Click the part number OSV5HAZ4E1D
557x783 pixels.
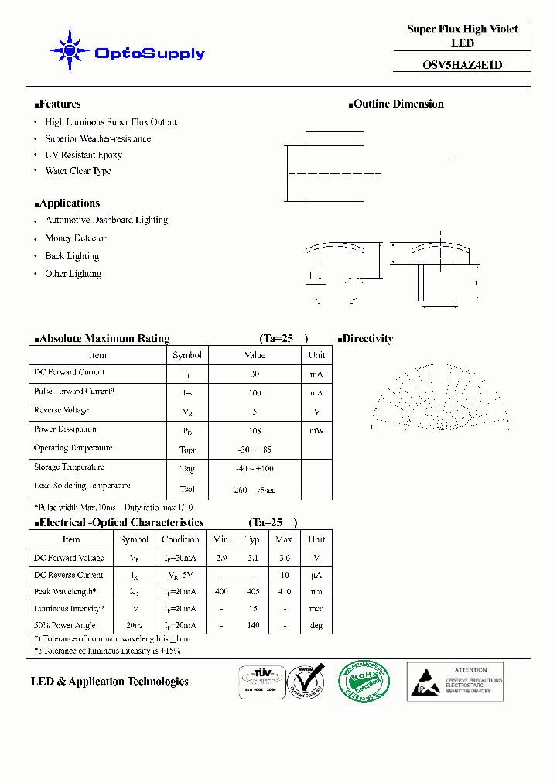pyautogui.click(x=462, y=65)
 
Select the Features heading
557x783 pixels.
pyautogui.click(x=58, y=104)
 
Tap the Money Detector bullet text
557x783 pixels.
pyautogui.click(x=76, y=238)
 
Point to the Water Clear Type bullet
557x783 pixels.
pyautogui.click(x=77, y=171)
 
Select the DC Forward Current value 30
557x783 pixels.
pyautogui.click(x=255, y=374)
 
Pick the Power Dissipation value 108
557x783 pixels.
pyautogui.click(x=255, y=430)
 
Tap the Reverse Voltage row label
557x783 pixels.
pyautogui.click(x=62, y=410)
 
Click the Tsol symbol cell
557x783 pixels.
pyautogui.click(x=187, y=490)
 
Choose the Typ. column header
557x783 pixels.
pyautogui.click(x=253, y=539)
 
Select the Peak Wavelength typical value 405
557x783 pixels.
pyautogui.click(x=253, y=592)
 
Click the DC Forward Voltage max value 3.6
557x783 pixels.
pyautogui.click(x=285, y=558)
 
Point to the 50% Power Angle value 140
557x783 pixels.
pyautogui.click(x=253, y=625)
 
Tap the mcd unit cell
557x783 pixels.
pyautogui.click(x=316, y=609)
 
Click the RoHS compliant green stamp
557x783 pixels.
pyautogui.click(x=364, y=681)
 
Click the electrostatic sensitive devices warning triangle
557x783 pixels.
pyautogui.click(x=425, y=684)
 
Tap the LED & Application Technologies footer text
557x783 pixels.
pyautogui.click(x=110, y=682)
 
